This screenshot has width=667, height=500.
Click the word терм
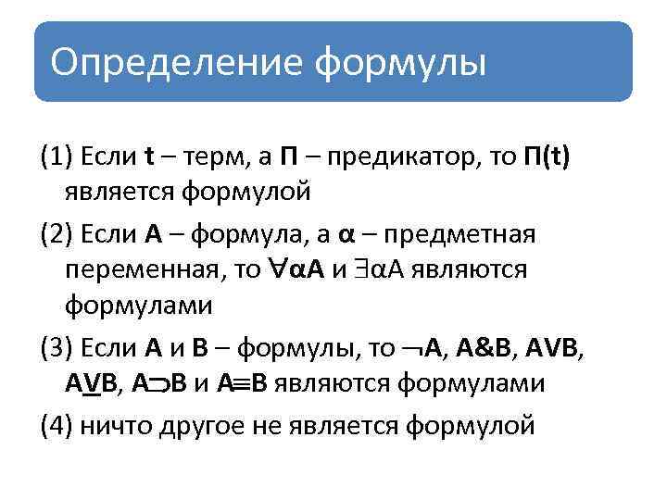coord(216,157)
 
